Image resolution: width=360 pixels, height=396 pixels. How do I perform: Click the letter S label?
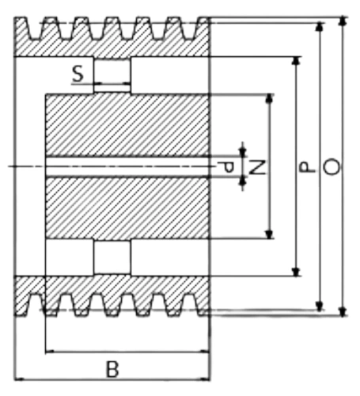pos(78,74)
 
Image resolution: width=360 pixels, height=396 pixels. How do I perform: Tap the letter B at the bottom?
pos(112,369)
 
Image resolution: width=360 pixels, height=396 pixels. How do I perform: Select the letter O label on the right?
pos(332,167)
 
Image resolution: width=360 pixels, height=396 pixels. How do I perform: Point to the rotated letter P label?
pos(308,167)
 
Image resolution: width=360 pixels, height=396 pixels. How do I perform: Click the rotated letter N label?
pos(257,168)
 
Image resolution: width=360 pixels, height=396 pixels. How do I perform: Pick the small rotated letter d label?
pos(226,167)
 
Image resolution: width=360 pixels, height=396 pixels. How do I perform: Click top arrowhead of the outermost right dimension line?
pos(343,21)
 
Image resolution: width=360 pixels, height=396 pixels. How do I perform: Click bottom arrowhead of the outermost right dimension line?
pos(343,311)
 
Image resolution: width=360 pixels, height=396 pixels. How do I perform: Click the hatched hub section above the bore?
pos(127,125)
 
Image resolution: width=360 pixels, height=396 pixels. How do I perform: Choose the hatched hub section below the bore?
pos(127,208)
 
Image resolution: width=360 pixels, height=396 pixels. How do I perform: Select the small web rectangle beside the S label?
pos(112,75)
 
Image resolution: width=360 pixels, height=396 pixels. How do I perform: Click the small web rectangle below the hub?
pos(112,257)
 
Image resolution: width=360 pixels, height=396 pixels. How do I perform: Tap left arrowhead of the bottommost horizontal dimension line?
pos(19,379)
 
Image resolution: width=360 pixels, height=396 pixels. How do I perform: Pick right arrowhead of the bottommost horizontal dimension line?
pos(205,379)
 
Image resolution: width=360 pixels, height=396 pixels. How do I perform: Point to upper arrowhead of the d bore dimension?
pos(243,152)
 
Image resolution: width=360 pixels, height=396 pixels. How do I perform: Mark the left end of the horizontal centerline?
pos(9,166)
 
